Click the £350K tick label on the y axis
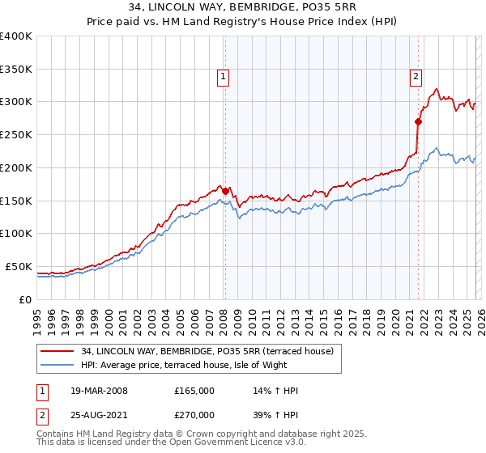pos(16,69)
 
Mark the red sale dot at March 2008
pos(225,191)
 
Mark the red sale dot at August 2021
pos(418,121)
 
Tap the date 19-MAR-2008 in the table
pos(99,391)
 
